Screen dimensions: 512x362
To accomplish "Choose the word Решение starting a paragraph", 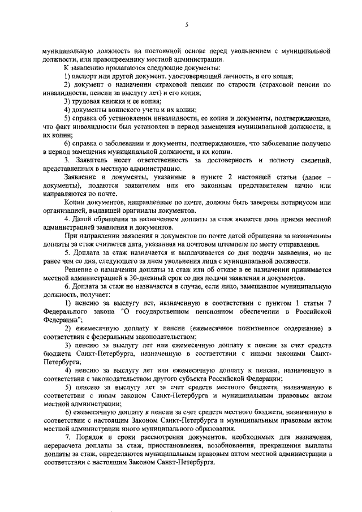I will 79,270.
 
